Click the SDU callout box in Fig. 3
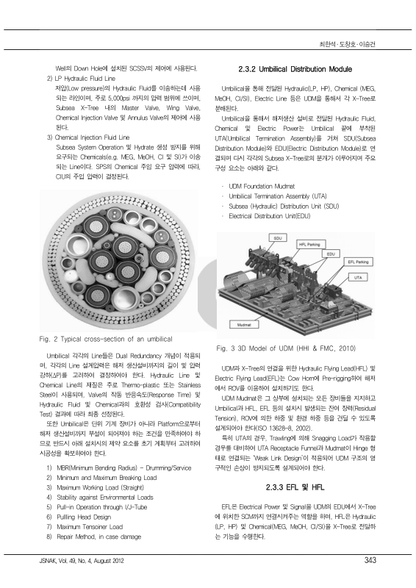click(x=278, y=238)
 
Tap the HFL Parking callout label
click(x=309, y=245)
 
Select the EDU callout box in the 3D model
click(x=331, y=254)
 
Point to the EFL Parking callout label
click(x=358, y=262)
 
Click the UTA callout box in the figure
click(x=358, y=278)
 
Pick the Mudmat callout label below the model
click(x=244, y=324)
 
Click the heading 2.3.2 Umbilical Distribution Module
click(x=295, y=69)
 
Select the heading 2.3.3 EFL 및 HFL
click(x=295, y=487)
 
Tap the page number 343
click(x=370, y=560)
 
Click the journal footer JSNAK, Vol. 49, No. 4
click(x=82, y=561)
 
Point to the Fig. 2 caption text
click(x=106, y=339)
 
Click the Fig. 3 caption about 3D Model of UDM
click(x=286, y=348)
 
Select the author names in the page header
click(x=347, y=44)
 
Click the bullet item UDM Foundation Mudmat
click(x=262, y=187)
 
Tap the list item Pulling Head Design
click(x=84, y=517)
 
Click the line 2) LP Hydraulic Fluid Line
click(x=81, y=79)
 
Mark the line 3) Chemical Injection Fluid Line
click(x=88, y=137)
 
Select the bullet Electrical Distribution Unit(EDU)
click(x=269, y=216)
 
